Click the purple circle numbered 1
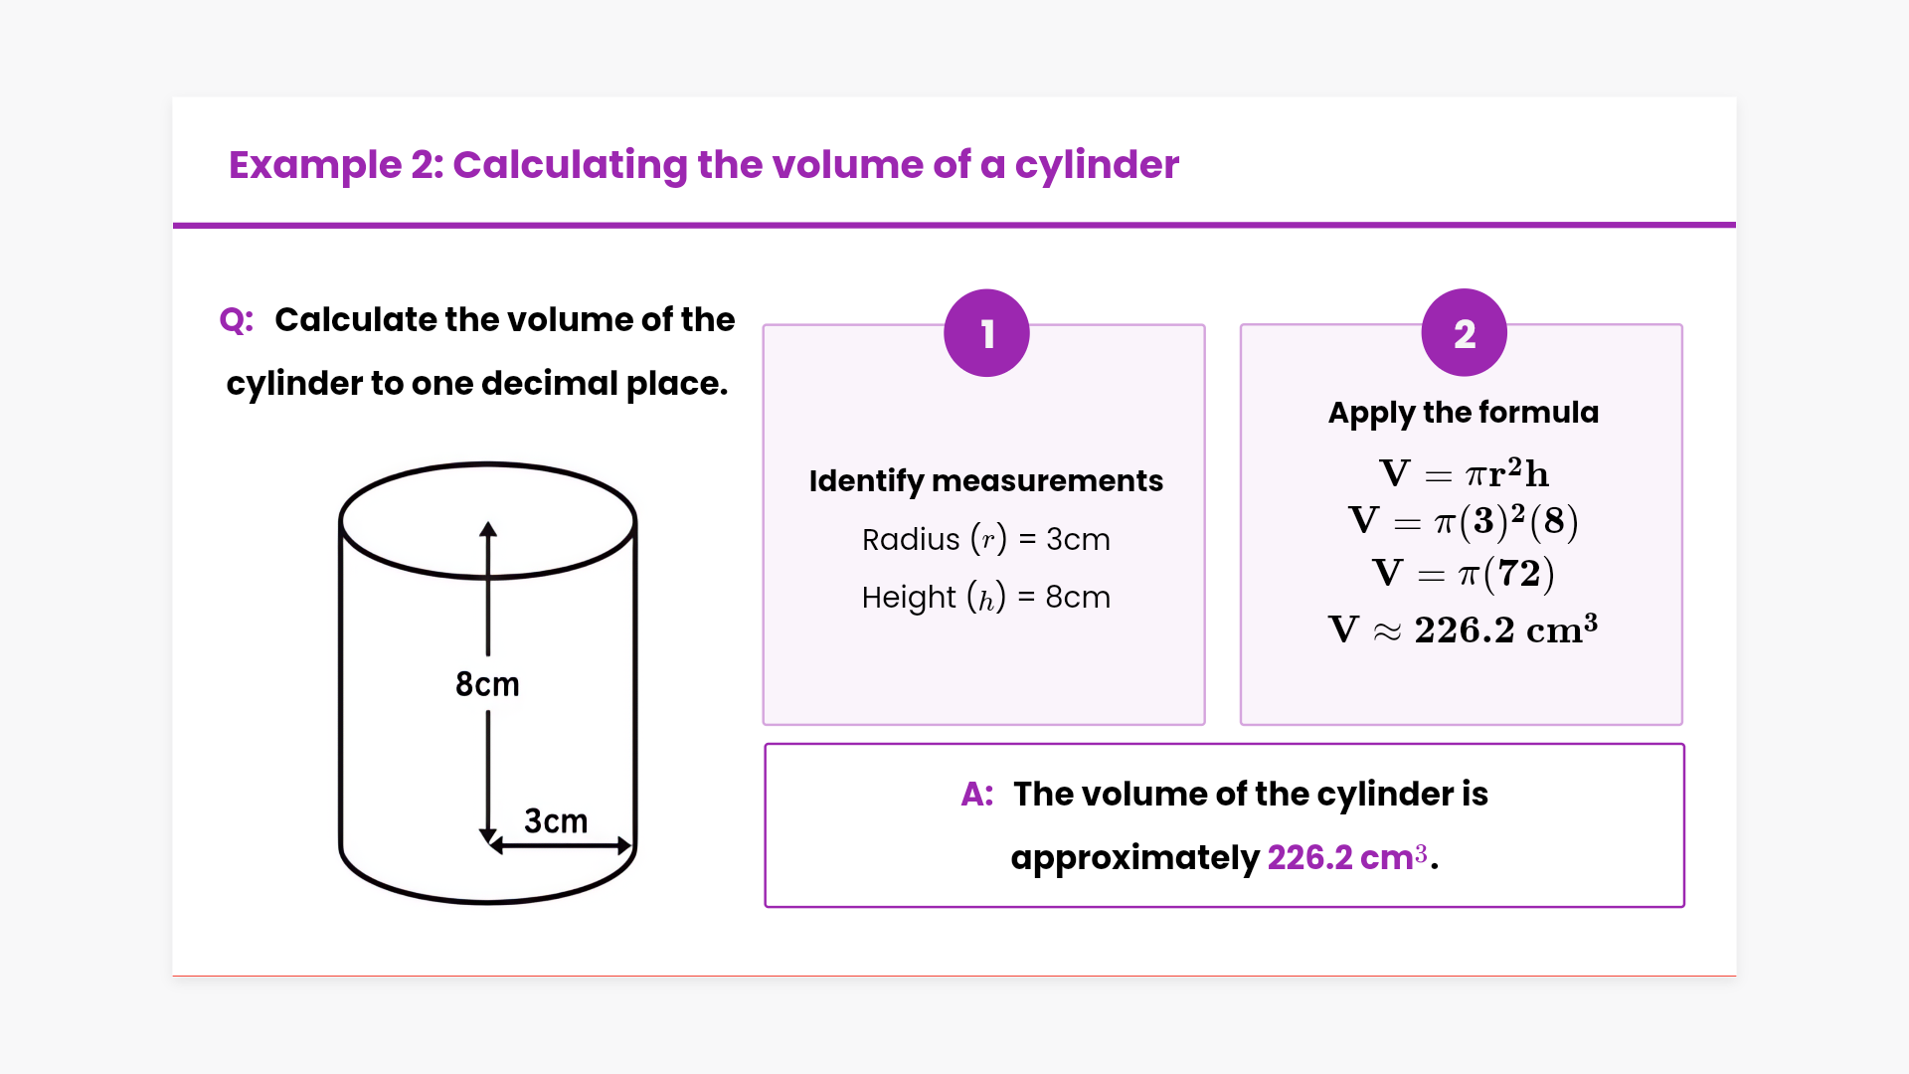pyautogui.click(x=986, y=333)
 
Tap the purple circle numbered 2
pyautogui.click(x=1464, y=333)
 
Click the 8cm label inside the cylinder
pyautogui.click(x=487, y=684)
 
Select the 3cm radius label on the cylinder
pyautogui.click(x=556, y=821)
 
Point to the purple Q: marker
pyautogui.click(x=237, y=320)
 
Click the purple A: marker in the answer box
pyautogui.click(x=976, y=795)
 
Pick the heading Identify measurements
pyautogui.click(x=985, y=480)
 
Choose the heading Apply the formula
pyautogui.click(x=1463, y=412)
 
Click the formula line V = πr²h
pyautogui.click(x=1463, y=473)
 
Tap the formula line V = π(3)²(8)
pyautogui.click(x=1463, y=521)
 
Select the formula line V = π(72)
pyautogui.click(x=1463, y=574)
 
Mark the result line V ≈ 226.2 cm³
pyautogui.click(x=1463, y=629)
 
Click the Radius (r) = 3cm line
pyautogui.click(x=985, y=539)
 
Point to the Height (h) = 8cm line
pyautogui.click(x=985, y=597)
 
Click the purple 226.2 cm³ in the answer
pyautogui.click(x=1347, y=857)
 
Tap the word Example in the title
pyautogui.click(x=315, y=165)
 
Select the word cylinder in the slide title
pyautogui.click(x=1096, y=165)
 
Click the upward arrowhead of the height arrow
pyautogui.click(x=488, y=529)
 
